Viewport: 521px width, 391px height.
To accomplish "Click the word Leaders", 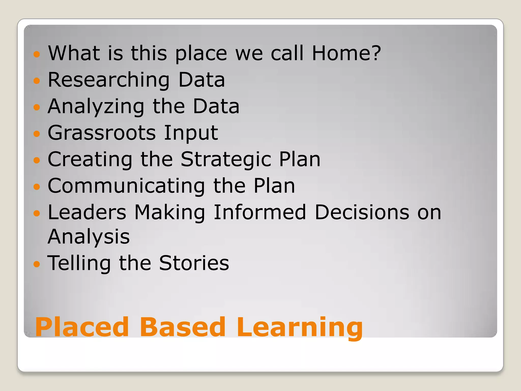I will tap(87, 212).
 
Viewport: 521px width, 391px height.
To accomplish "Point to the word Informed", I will tap(260, 212).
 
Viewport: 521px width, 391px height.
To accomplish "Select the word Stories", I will tap(194, 263).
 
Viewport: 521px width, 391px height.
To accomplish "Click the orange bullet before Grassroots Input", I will tap(37, 133).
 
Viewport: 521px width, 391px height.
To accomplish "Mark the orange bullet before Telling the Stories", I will tap(37, 264).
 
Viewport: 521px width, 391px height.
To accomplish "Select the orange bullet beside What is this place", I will tap(37, 54).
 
